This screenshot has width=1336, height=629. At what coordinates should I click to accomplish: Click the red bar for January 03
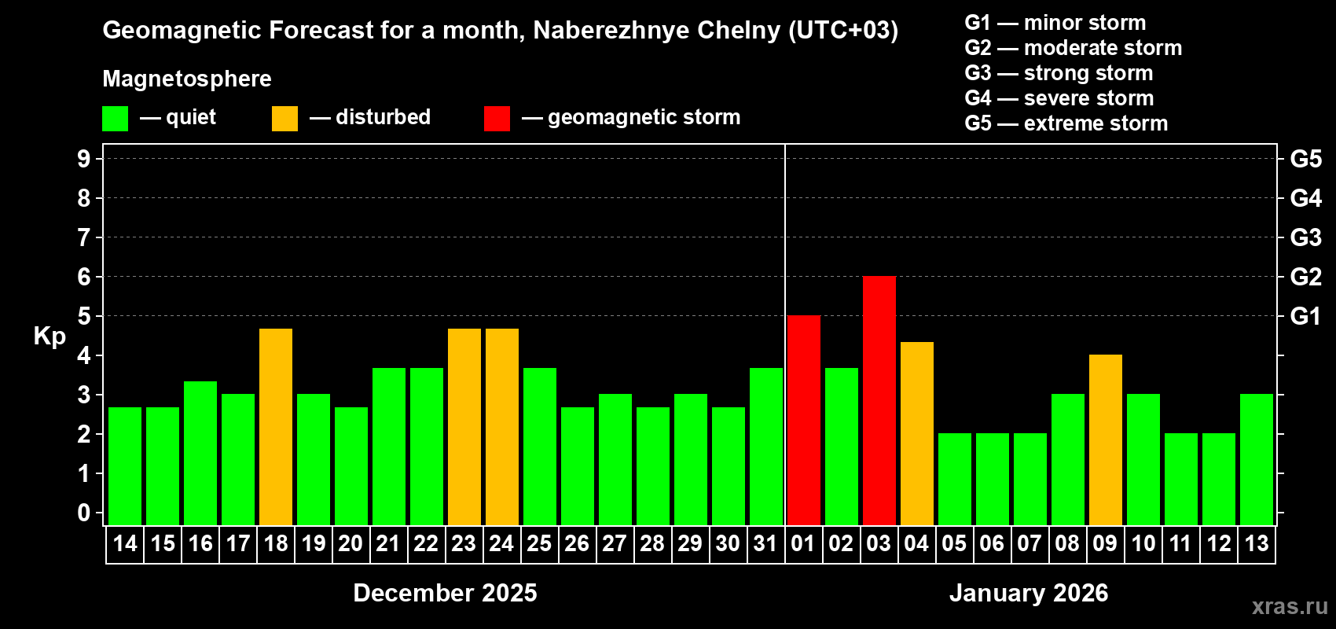(879, 401)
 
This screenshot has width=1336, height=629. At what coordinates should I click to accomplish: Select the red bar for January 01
(803, 421)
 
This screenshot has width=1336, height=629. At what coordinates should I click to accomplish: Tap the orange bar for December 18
(276, 427)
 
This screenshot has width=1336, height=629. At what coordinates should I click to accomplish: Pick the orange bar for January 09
(1105, 440)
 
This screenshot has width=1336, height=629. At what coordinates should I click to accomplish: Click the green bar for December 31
(765, 447)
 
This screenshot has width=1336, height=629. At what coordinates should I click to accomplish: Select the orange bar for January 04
(916, 433)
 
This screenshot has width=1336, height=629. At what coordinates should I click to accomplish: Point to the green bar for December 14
(125, 466)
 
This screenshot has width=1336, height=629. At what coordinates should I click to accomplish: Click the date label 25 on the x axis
(539, 544)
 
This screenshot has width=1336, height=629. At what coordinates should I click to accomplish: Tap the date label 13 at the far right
(1256, 544)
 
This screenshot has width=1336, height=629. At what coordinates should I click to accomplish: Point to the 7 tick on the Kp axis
(84, 237)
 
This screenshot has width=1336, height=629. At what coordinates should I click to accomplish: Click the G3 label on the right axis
(1305, 237)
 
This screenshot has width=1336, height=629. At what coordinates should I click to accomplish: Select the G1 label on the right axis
(1305, 316)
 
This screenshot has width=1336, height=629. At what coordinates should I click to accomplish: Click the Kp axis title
(50, 337)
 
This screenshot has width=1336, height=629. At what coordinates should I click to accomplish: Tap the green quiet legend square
(116, 119)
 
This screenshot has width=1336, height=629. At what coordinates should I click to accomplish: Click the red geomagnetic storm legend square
(497, 119)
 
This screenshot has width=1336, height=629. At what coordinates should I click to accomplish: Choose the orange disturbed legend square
(284, 119)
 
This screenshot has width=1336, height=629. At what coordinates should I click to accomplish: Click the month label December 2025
(445, 593)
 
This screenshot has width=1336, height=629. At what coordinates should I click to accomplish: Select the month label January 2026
(1028, 593)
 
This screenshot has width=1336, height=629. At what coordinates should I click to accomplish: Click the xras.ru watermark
(1289, 606)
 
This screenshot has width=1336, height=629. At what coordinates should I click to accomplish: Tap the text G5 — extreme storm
(1066, 123)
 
